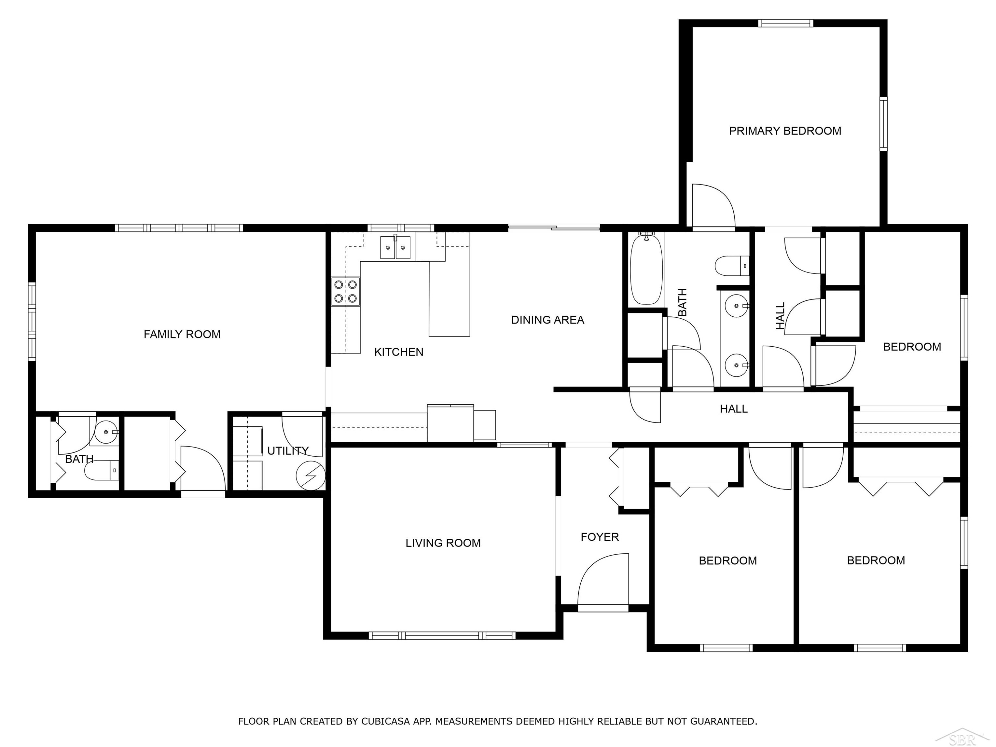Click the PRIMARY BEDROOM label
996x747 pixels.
785,131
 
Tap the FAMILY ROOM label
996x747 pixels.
182,335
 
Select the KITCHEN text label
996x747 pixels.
398,352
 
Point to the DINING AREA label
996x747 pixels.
547,320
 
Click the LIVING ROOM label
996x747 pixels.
443,543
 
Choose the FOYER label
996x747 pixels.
600,537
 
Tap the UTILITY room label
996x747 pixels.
288,451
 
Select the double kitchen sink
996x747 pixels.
395,248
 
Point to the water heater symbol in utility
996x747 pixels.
310,475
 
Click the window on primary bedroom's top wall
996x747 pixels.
786,23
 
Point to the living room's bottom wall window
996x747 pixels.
442,636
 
